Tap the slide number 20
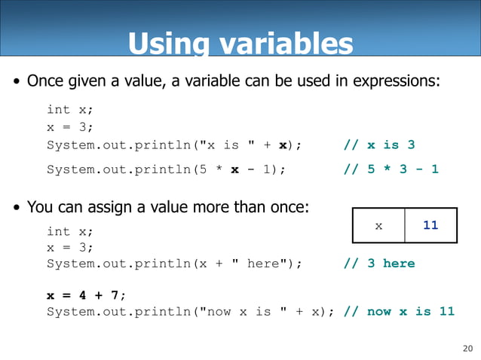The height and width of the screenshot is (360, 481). (467, 347)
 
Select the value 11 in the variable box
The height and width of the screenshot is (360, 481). (430, 225)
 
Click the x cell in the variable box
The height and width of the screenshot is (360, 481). (378, 225)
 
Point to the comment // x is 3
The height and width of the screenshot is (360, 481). (378, 145)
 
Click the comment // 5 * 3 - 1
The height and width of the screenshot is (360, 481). (391, 169)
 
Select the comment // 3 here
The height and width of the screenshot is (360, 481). (378, 263)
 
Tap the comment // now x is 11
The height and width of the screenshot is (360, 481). (399, 311)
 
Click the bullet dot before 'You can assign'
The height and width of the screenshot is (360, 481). (16, 208)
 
